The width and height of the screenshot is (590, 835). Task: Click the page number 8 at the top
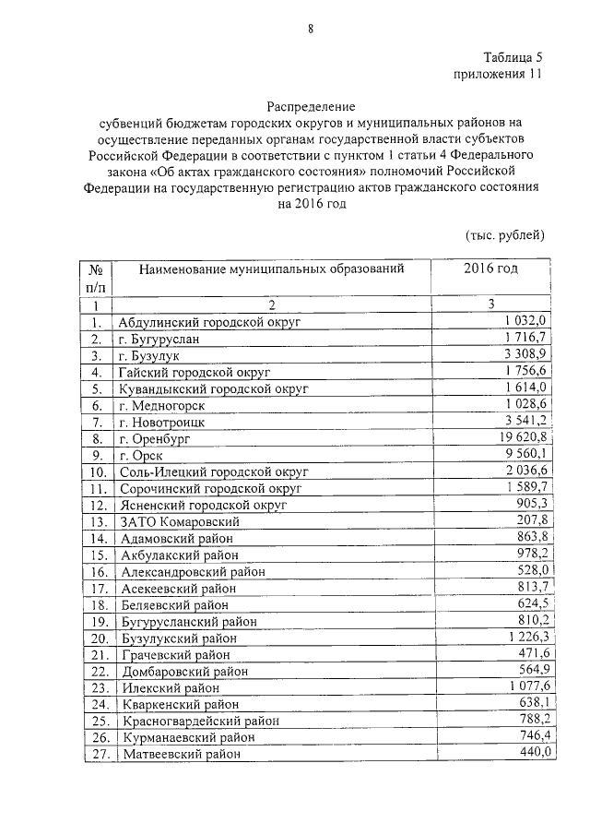coord(311,29)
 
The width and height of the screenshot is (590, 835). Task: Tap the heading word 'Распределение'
coord(310,106)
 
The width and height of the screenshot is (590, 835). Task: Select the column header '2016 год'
coord(490,268)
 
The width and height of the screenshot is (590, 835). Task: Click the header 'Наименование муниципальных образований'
coord(272,268)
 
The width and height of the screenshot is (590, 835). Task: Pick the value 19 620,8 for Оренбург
coord(525,437)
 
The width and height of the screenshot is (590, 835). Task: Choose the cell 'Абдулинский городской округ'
coord(210,322)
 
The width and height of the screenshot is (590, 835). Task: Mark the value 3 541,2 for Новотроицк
coord(529,421)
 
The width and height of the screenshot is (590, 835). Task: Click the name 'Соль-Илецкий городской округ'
coord(213,471)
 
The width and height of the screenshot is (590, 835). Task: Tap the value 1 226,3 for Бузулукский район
coord(529,637)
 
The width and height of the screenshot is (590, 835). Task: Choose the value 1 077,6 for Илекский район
coord(529,686)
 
